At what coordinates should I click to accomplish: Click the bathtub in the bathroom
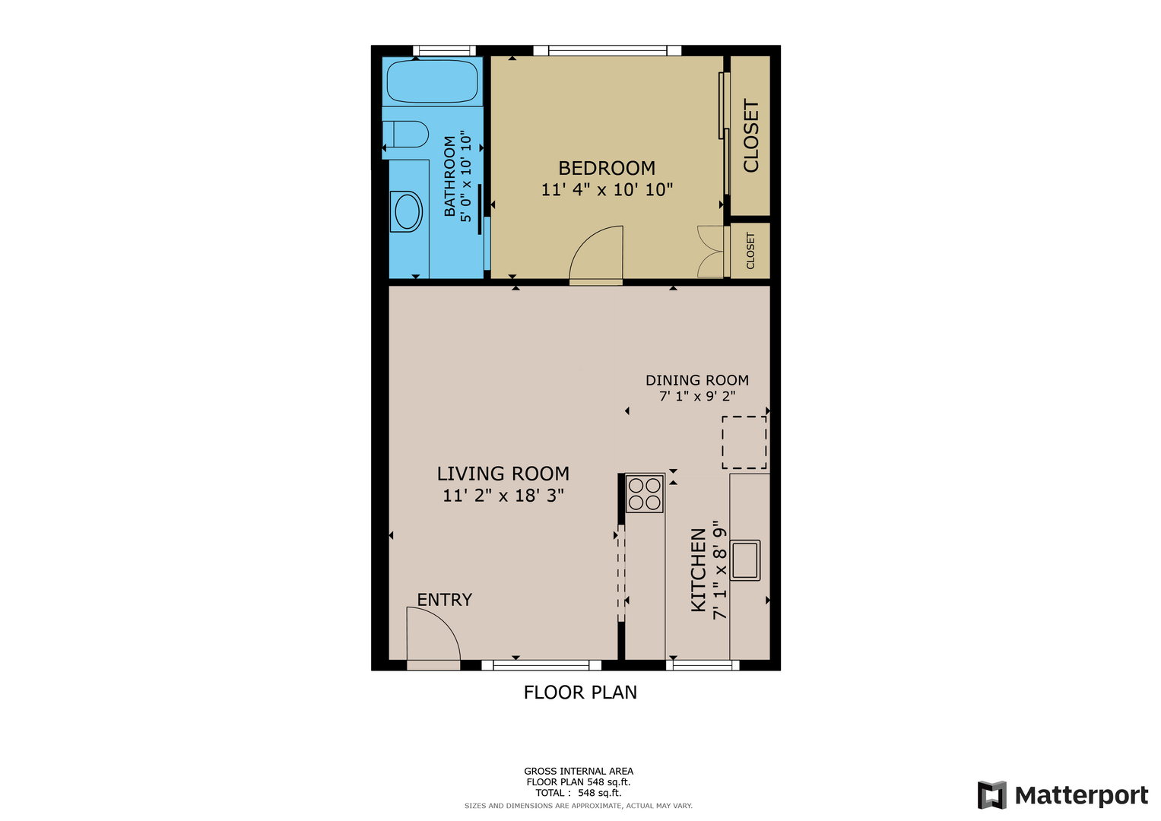tap(433, 81)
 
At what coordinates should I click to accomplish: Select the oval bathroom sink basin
tap(408, 211)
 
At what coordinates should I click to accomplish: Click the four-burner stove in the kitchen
tap(644, 493)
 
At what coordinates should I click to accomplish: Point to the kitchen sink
tap(745, 560)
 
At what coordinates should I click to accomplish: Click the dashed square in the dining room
tap(744, 442)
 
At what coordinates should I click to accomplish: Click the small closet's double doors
tap(710, 252)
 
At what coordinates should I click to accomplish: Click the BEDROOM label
tap(607, 168)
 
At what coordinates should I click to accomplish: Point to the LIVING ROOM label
tap(503, 473)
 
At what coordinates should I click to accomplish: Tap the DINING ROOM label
tap(697, 380)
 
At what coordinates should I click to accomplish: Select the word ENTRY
tap(445, 600)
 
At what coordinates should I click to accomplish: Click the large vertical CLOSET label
tap(750, 135)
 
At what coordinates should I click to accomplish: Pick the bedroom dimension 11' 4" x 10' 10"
tap(607, 190)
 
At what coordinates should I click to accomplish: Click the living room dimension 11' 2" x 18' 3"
tap(503, 496)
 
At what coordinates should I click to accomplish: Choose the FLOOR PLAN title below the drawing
tap(580, 693)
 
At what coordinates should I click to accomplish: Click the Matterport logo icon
tap(992, 795)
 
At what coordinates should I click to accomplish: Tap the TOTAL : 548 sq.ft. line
tap(579, 793)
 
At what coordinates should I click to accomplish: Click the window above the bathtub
tap(444, 50)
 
